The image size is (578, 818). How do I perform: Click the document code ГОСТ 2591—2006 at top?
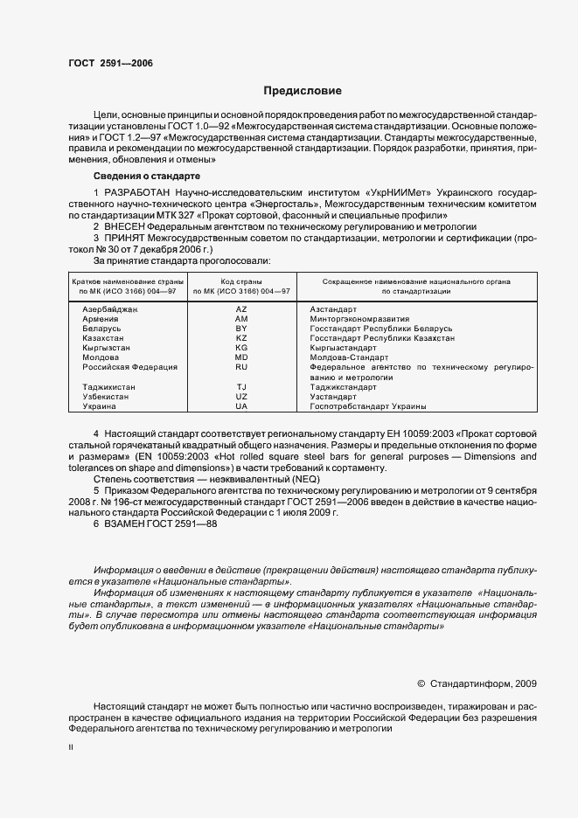[x=103, y=64]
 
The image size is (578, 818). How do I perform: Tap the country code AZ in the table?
[x=241, y=309]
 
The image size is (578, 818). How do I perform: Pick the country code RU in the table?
[x=241, y=367]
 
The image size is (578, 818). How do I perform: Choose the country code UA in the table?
[x=241, y=406]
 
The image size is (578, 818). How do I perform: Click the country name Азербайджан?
[x=110, y=309]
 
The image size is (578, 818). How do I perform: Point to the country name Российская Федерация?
[x=129, y=367]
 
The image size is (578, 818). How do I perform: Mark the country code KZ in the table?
[x=241, y=338]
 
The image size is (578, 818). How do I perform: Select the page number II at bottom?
[x=71, y=748]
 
